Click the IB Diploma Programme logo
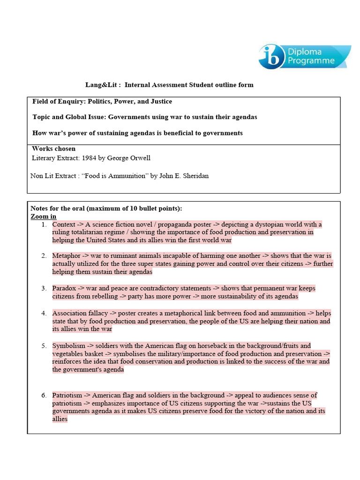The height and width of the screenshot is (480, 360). click(x=304, y=57)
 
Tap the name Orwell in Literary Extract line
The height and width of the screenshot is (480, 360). click(x=139, y=158)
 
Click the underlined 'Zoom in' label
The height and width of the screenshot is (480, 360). click(x=43, y=217)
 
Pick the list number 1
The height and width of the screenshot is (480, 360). click(x=43, y=225)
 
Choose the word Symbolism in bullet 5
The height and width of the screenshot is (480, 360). click(x=68, y=346)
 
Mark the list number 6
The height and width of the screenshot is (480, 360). click(x=43, y=395)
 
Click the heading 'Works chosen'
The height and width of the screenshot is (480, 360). click(x=53, y=149)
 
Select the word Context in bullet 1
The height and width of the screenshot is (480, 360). click(x=64, y=225)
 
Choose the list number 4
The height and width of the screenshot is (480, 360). click(x=43, y=313)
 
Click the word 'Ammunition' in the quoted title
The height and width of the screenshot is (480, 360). click(x=124, y=176)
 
